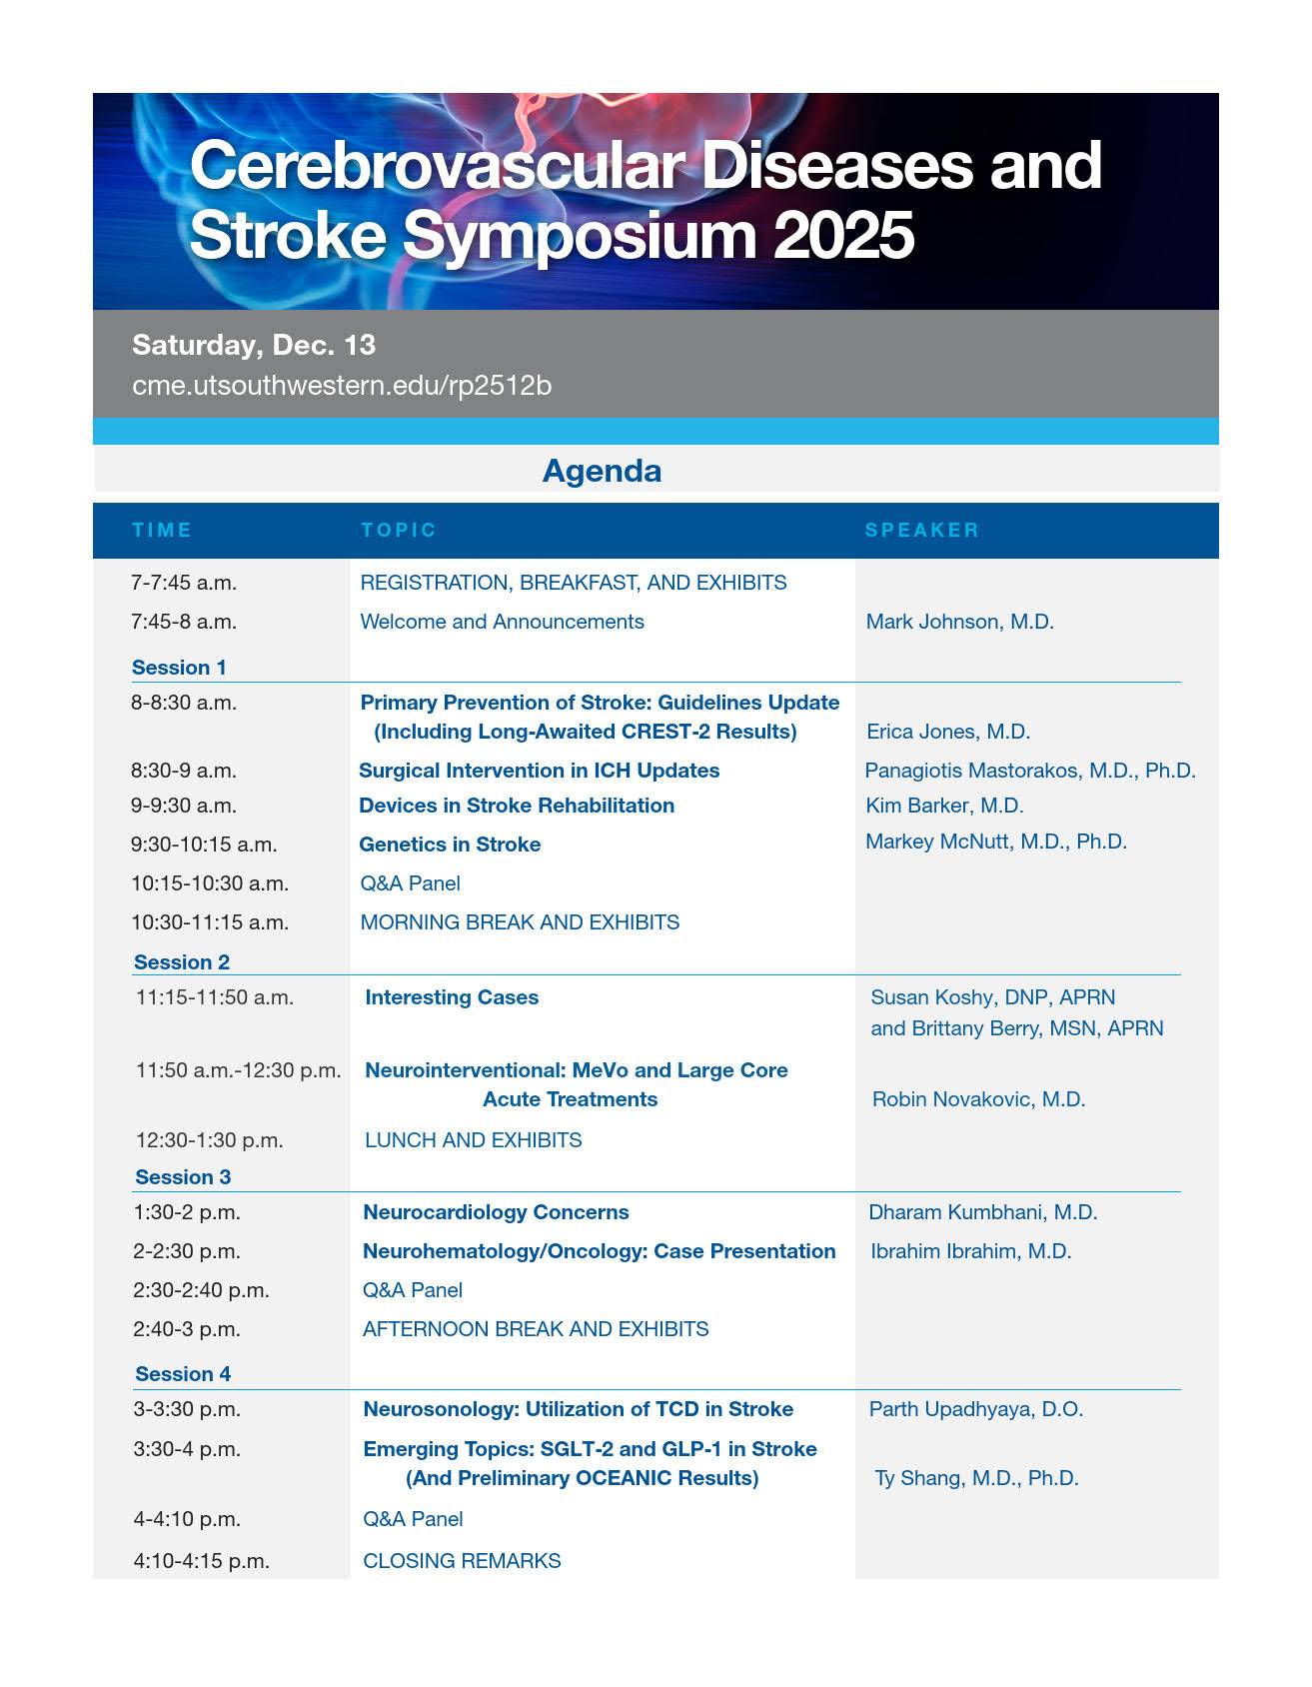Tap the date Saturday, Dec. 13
tap(254, 345)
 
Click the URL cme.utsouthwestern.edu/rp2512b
tap(342, 386)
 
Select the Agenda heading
tap(602, 471)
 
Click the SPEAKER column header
tap(921, 530)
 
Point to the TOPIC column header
tap(399, 530)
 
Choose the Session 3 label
tap(183, 1177)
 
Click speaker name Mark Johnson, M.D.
tap(959, 622)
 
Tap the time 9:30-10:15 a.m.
tap(204, 844)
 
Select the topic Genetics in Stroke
tap(450, 844)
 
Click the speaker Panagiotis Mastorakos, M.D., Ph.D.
tap(1029, 771)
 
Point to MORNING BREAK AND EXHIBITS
tap(520, 922)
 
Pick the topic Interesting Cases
tap(452, 997)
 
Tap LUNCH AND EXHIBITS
tap(473, 1140)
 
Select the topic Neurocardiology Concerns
tap(496, 1212)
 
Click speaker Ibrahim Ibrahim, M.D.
tap(970, 1251)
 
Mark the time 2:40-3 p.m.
tap(187, 1329)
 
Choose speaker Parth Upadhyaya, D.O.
tap(975, 1409)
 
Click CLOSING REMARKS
tap(462, 1561)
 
